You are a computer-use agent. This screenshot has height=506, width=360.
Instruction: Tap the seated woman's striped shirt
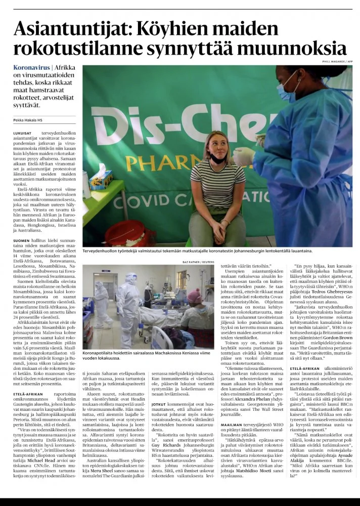pyautogui.click(x=217, y=182)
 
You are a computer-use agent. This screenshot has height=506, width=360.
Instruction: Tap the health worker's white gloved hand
pyautogui.click(x=244, y=154)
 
